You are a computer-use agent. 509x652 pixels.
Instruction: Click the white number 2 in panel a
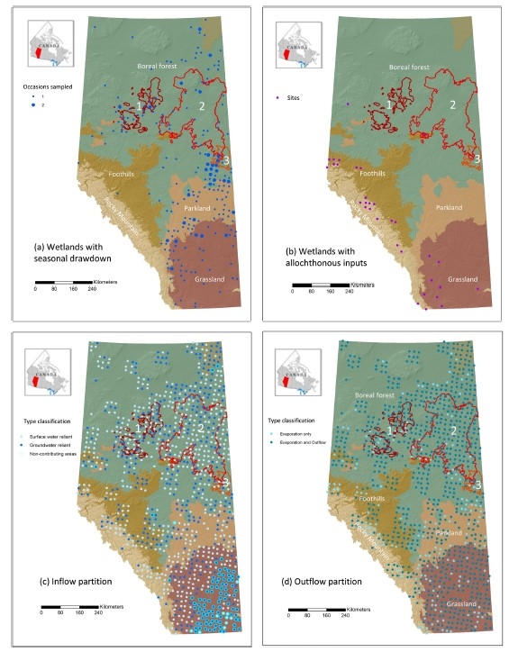[x=202, y=106]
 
